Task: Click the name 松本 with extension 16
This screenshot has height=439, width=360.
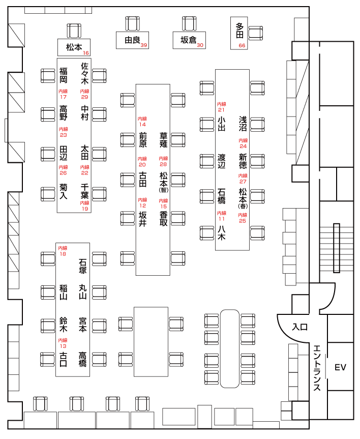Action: point(74,47)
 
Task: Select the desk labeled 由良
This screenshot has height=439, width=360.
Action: point(133,40)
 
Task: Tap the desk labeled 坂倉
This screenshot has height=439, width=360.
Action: point(189,40)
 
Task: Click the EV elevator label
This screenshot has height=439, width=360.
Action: point(340,367)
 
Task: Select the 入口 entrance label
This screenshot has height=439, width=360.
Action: point(300,327)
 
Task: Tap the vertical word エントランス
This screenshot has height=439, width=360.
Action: point(317,368)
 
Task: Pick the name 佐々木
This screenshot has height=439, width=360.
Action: point(84,73)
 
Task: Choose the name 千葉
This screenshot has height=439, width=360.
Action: point(84,191)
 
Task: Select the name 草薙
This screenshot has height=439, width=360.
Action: point(163,139)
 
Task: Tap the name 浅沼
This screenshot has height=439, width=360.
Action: point(243,124)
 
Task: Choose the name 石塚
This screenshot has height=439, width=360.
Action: point(82,266)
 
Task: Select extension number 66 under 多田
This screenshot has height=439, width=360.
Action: point(242,46)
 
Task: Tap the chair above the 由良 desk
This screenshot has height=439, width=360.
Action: point(132,23)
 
